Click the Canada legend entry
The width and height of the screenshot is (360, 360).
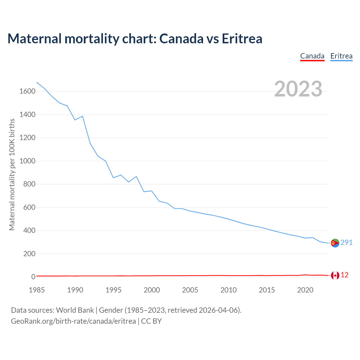click(x=312, y=56)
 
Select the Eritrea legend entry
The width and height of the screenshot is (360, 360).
click(x=341, y=56)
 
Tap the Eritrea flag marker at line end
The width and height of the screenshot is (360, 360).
click(x=335, y=243)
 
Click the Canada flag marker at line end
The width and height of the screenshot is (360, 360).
click(x=335, y=275)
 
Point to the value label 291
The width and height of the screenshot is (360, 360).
click(x=346, y=242)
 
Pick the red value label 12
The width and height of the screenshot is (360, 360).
click(x=345, y=275)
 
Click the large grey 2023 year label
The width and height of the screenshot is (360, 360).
click(x=298, y=89)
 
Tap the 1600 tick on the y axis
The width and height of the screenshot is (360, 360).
click(x=27, y=91)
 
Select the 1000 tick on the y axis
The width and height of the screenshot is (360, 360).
click(x=27, y=161)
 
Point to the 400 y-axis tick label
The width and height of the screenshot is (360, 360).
click(x=29, y=231)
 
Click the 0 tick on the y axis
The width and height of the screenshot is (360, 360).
click(x=33, y=277)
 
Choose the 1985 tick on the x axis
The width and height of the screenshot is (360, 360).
click(x=37, y=290)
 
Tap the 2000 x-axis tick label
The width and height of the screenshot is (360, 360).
click(x=152, y=290)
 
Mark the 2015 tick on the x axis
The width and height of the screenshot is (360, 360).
click(x=267, y=290)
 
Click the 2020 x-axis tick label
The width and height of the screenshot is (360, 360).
click(x=305, y=290)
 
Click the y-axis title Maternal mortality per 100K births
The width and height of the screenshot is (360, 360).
click(x=12, y=174)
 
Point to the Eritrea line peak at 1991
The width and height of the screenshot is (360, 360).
click(x=82, y=116)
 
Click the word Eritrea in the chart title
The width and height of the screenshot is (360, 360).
click(x=242, y=39)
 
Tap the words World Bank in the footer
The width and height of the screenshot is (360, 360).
click(x=75, y=310)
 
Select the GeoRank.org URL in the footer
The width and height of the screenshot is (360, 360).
click(x=73, y=321)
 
